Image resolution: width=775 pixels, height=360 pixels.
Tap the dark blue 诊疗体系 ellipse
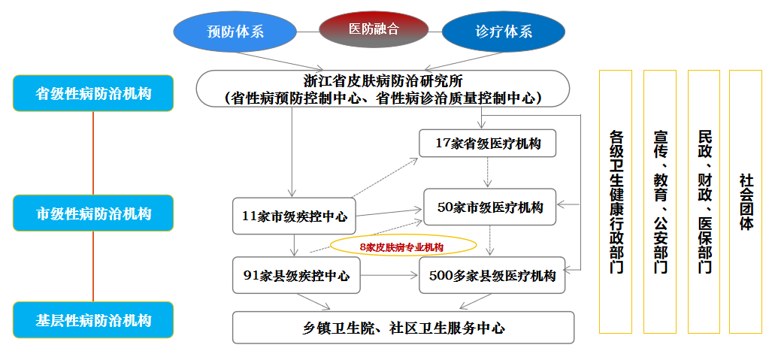pos(503,32)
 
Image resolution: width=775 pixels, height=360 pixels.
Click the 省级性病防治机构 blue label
pos(93,94)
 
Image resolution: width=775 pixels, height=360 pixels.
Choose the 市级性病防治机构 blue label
pos(93,213)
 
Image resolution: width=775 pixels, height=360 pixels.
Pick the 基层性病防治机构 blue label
pos(93,320)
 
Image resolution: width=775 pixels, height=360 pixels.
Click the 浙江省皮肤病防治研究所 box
pos(383,89)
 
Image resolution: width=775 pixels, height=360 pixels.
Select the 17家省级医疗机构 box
pos(488,143)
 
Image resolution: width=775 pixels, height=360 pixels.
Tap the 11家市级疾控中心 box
pos(294,216)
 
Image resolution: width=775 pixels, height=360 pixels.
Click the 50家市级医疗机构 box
pos(490,207)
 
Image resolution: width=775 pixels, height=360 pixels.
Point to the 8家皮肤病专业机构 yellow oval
pos(403,246)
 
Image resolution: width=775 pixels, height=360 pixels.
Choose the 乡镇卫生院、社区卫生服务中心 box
pos(403,328)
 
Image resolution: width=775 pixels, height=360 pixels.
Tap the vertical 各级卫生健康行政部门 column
pos(616,201)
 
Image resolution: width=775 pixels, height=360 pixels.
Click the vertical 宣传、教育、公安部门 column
pos(659,201)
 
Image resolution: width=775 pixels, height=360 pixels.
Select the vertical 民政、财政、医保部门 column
pos(704,201)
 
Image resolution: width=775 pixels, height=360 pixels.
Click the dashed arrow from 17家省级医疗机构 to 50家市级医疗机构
pos(488,173)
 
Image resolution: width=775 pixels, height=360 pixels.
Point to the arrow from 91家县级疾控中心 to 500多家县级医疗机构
pos(389,276)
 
